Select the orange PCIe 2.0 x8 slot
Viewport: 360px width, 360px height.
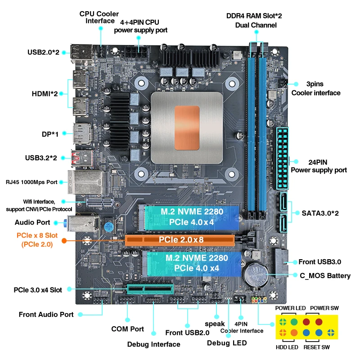pos(180,240)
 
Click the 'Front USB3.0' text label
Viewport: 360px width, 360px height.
pos(319,262)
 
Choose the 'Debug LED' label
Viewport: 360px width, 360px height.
pos(227,343)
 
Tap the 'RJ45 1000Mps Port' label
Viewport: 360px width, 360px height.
pos(31,182)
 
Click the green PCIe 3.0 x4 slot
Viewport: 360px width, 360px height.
pos(150,289)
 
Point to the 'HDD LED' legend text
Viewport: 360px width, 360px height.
pos(287,347)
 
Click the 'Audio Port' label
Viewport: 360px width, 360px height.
pos(32,222)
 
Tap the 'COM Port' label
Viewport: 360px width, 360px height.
pos(127,329)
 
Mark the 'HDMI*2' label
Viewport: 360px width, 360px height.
pos(45,94)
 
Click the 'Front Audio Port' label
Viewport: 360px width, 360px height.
pos(46,315)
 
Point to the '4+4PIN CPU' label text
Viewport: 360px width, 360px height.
pos(139,22)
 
